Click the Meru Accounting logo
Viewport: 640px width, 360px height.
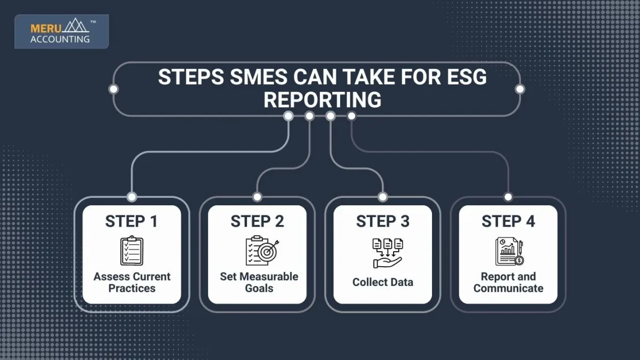[x=61, y=31]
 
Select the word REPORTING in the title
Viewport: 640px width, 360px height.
[x=322, y=100]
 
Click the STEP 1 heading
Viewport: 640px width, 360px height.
[x=132, y=221]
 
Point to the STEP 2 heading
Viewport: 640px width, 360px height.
[x=257, y=221]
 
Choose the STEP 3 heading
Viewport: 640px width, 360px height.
[x=382, y=221]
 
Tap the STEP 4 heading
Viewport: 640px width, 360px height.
[x=508, y=221]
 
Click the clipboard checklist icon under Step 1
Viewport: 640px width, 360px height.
[x=132, y=251]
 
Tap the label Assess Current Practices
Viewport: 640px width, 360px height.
[x=132, y=282]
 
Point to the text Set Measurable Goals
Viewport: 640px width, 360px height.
[x=259, y=282]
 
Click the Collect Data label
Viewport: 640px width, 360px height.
[x=382, y=282]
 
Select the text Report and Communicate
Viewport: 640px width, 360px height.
[x=508, y=282]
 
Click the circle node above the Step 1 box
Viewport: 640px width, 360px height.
[x=132, y=197]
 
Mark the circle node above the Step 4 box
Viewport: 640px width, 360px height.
[x=508, y=197]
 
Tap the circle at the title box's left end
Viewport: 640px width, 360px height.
[x=114, y=89]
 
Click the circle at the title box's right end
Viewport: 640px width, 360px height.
[x=519, y=89]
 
